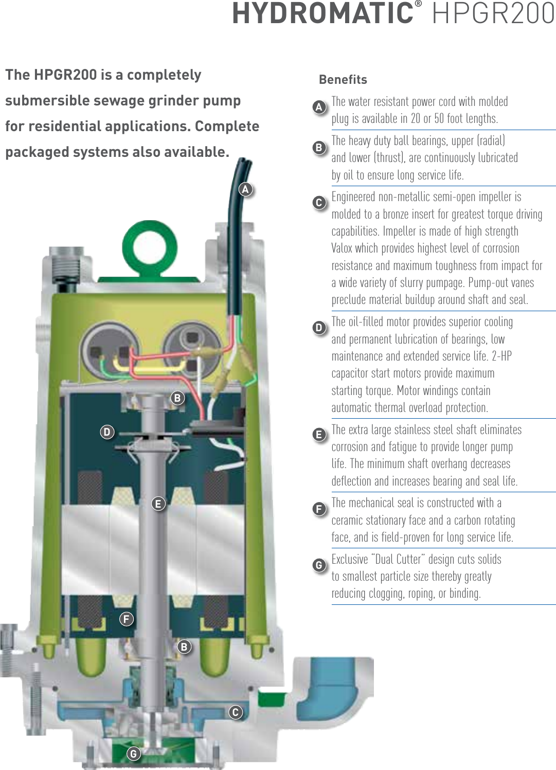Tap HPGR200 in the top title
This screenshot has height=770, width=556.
(x=493, y=14)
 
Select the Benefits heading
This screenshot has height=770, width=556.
(x=343, y=80)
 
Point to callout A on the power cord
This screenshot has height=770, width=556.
(x=246, y=189)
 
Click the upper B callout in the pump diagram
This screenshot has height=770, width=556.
(x=177, y=398)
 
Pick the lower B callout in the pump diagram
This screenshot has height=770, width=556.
(x=184, y=647)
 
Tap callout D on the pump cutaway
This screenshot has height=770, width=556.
(x=107, y=432)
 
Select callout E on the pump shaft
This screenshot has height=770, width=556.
(x=158, y=504)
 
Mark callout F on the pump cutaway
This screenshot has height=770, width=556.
(x=127, y=619)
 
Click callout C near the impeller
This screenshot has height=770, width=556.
(x=236, y=712)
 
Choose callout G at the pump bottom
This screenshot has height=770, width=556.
(x=134, y=754)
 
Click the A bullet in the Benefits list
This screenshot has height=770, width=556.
(x=319, y=107)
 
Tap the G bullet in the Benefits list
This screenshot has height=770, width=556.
(x=319, y=565)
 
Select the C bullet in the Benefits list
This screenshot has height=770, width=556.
(x=319, y=203)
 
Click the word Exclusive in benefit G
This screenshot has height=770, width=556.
(x=350, y=559)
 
